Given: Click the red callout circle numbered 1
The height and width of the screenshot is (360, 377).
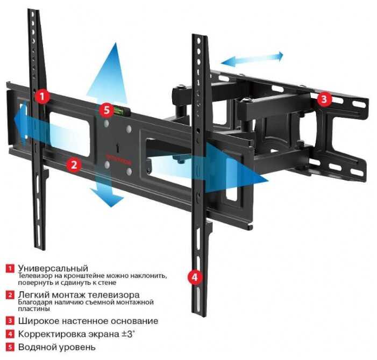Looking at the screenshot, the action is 42,96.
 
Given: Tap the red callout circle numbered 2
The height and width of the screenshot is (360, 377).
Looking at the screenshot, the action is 74,164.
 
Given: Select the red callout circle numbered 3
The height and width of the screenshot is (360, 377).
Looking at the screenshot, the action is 324,99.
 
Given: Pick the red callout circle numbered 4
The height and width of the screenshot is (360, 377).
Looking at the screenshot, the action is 195,277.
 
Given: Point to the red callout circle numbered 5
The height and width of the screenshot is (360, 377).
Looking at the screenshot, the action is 106,110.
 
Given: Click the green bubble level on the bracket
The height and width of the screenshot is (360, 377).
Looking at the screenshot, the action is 118,111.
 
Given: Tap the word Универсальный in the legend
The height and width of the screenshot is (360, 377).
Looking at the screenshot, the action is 53,268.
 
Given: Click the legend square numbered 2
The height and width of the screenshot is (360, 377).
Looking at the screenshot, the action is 10,294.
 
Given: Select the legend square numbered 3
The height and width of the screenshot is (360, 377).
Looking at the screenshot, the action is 10,321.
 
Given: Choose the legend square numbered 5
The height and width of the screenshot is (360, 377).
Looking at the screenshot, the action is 10,347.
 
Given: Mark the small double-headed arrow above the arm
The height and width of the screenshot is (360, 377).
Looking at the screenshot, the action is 252,59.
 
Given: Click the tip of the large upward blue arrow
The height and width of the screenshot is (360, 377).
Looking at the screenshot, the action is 116,43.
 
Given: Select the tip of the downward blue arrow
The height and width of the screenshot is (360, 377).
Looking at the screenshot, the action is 111,206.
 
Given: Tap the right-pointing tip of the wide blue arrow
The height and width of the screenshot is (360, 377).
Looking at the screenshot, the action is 268,180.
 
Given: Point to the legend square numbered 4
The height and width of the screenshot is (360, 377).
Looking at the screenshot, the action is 10,334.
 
